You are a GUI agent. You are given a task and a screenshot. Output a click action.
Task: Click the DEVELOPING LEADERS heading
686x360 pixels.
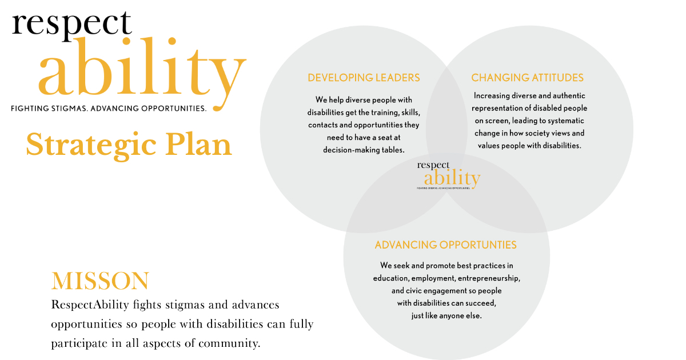364,78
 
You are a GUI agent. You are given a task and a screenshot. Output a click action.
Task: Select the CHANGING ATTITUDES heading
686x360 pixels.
527,78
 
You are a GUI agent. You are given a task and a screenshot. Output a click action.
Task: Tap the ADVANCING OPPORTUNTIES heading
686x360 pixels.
445,245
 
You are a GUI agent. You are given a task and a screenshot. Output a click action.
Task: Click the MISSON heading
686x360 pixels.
100,281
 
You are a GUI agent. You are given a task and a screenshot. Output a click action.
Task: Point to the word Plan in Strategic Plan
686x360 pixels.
198,145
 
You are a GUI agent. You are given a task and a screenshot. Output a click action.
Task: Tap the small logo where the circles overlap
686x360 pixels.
449,175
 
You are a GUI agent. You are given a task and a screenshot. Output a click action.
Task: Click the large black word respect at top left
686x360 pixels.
72,25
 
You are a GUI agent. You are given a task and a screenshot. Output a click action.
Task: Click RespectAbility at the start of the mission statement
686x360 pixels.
90,305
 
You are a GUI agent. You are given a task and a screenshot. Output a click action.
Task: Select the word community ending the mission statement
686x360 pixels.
229,344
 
